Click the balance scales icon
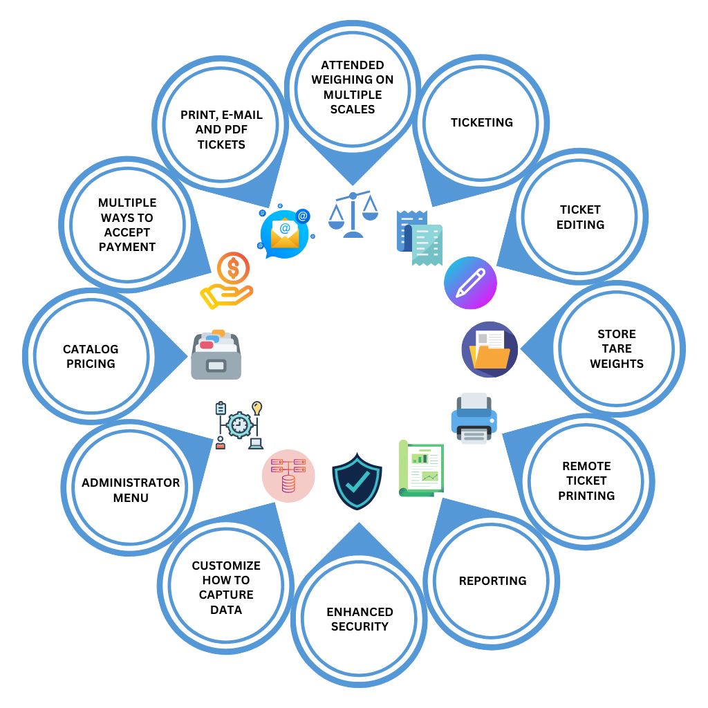[x=353, y=214]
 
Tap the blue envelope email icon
[x=285, y=232]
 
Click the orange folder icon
[x=490, y=349]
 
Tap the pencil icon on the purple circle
[x=470, y=283]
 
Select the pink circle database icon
[x=288, y=475]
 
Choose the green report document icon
[x=421, y=468]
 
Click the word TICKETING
[x=482, y=122]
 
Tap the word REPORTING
[x=492, y=581]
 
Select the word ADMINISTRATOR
[x=131, y=483]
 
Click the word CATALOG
[x=91, y=349]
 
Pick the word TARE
[x=617, y=348]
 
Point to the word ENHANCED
[x=360, y=612]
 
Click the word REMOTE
[x=586, y=466]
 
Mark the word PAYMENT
[x=127, y=247]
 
